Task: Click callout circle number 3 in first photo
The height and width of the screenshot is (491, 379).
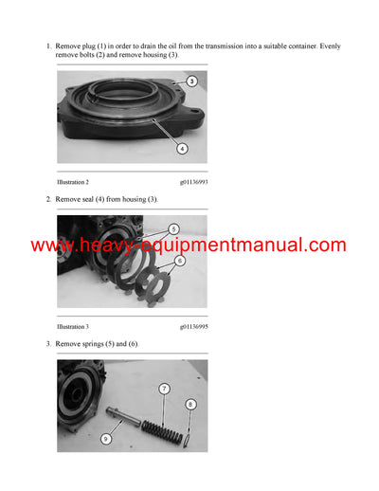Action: click(191, 82)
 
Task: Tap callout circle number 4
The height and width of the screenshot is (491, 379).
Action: click(182, 148)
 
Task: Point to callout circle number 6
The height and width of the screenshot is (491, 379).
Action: click(180, 260)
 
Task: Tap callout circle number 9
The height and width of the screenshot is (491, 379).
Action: click(105, 439)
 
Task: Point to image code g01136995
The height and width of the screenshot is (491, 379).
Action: click(193, 325)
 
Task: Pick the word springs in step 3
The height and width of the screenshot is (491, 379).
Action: click(97, 343)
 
